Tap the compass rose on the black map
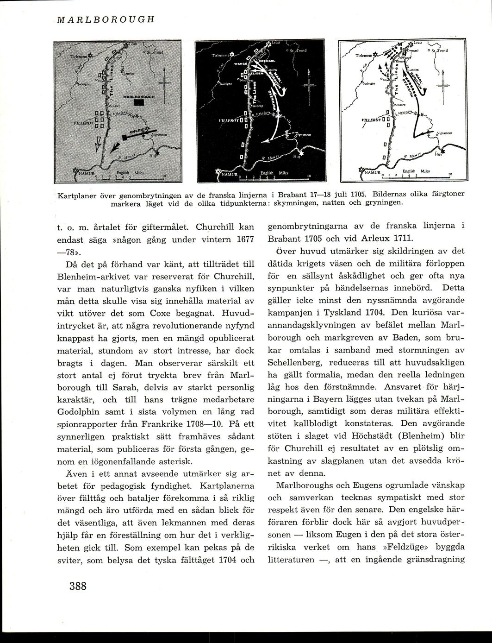307,85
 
